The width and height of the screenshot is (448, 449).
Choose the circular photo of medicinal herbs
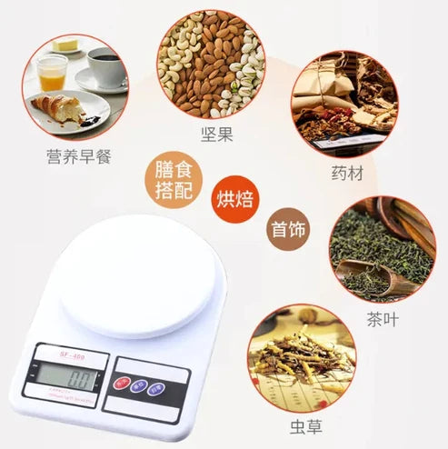coord(344,103)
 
